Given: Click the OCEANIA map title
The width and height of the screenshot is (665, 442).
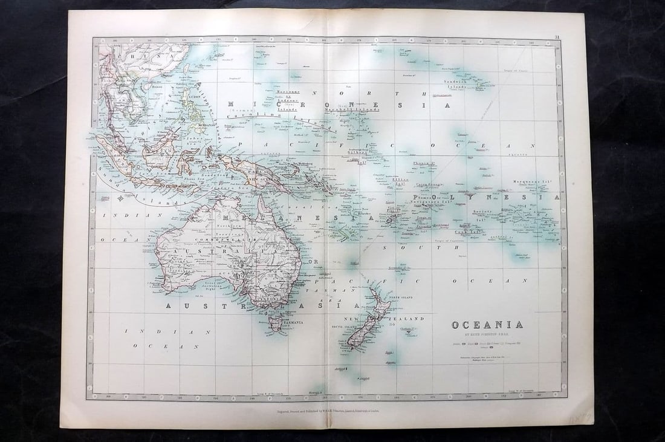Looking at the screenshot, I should pos(487,325).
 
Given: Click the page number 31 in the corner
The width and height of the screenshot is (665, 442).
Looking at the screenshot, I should pos(556,37).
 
